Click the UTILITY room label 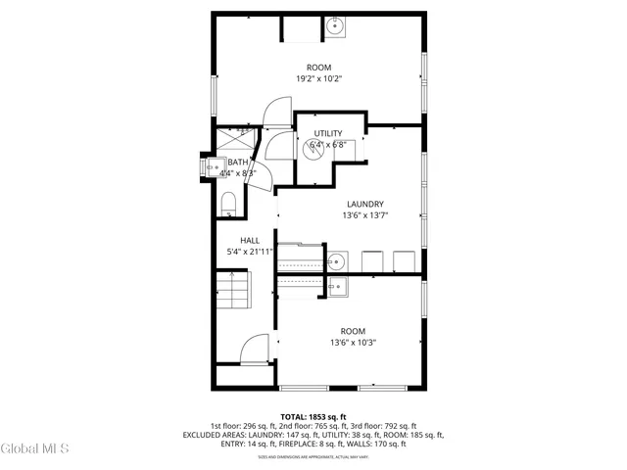328,133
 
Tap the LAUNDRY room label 363,204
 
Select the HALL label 250,239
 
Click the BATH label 237,163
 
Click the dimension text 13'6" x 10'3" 352,343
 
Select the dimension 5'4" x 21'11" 250,252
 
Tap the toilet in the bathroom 228,204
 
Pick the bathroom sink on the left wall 212,166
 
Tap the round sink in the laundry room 336,261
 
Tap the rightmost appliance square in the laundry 403,260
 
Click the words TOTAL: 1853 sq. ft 313,416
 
